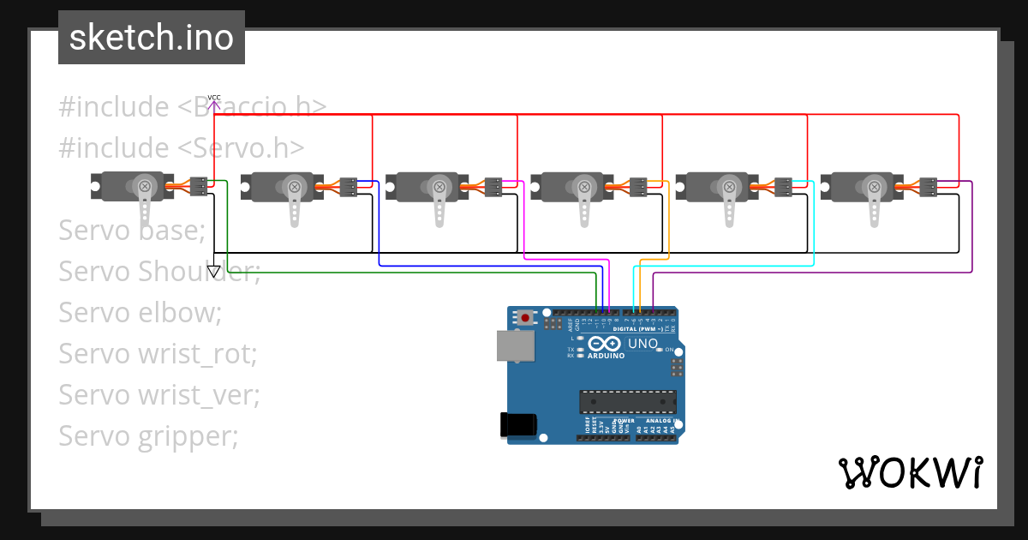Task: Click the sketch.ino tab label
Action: [x=152, y=38]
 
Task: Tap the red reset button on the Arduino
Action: [x=525, y=318]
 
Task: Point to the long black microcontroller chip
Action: [x=628, y=401]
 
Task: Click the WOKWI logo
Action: [x=910, y=472]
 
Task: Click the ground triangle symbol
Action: [x=214, y=272]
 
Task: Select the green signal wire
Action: [x=411, y=273]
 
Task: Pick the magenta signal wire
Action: [x=565, y=259]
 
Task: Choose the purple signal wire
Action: [x=814, y=273]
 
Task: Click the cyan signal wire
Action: [x=728, y=266]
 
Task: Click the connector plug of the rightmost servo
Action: [x=929, y=187]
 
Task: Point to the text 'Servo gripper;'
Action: [x=148, y=436]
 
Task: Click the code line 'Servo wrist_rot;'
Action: [x=158, y=353]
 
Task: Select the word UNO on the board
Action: [x=643, y=344]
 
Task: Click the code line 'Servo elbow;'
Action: [x=140, y=312]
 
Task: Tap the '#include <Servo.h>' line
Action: [x=182, y=147]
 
